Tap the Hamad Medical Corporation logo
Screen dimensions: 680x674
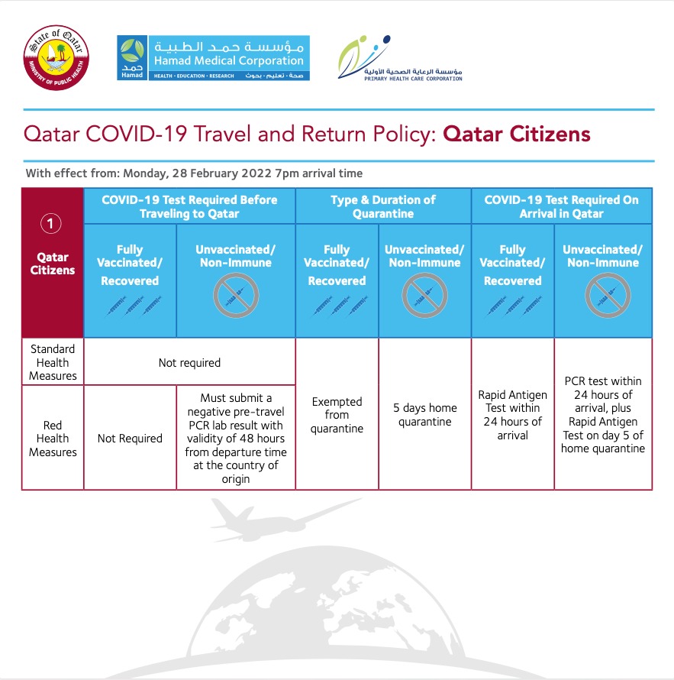[x=213, y=58]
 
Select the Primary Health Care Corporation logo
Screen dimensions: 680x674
[x=400, y=57]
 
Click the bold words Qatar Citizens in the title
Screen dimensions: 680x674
[x=517, y=134]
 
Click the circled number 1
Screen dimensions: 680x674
[x=52, y=224]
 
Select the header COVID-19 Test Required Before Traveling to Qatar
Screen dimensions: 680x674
[x=189, y=206]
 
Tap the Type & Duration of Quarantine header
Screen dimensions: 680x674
[x=382, y=206]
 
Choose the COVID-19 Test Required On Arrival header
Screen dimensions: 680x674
[x=561, y=206]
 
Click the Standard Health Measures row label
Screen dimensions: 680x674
[x=53, y=362]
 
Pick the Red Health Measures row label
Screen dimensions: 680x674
[x=53, y=439]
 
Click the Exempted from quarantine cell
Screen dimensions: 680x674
[x=337, y=415]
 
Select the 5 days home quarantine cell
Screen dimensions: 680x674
[x=424, y=415]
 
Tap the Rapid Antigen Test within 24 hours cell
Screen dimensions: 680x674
[x=512, y=415]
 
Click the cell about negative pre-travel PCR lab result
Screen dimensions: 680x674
[x=236, y=439]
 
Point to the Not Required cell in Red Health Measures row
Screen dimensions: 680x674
[x=130, y=439]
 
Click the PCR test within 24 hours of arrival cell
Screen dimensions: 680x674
[x=602, y=415]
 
